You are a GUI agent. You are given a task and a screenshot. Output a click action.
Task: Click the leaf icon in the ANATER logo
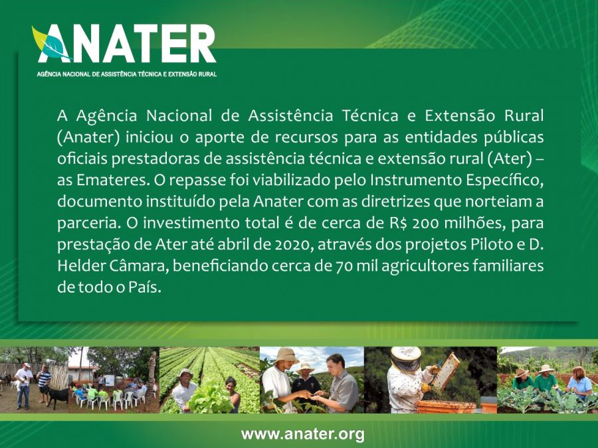tap(50, 43)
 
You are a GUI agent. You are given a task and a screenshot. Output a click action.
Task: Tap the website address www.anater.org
tap(303, 434)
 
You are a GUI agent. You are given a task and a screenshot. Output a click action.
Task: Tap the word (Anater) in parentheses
tap(88, 137)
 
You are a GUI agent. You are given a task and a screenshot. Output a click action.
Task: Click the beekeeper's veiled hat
tap(405, 358)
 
